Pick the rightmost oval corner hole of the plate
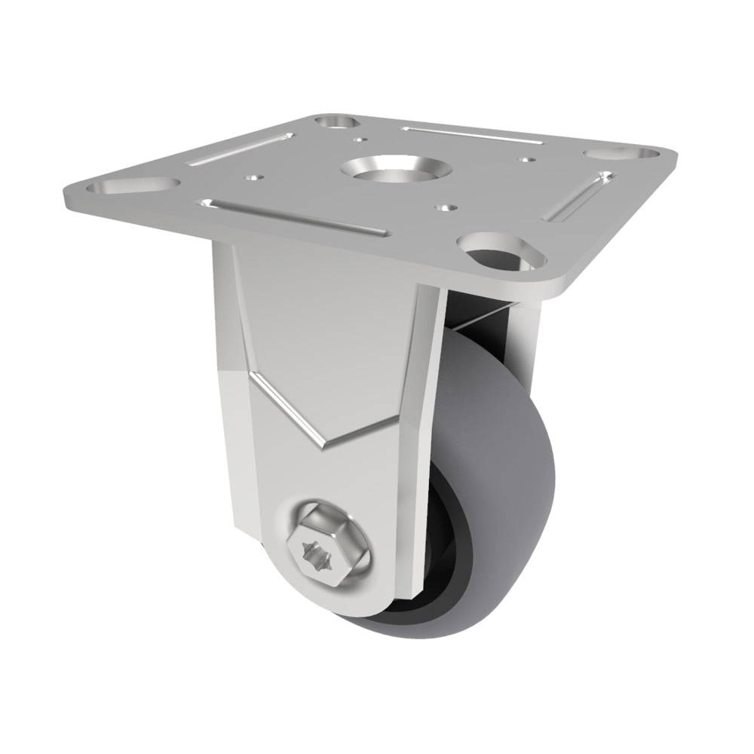pyautogui.click(x=621, y=153)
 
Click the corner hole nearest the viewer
pyautogui.click(x=500, y=252)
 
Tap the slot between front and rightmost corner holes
pyautogui.click(x=577, y=196)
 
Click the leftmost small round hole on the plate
pyautogui.click(x=256, y=178)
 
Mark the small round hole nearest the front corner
pyautogui.click(x=446, y=205)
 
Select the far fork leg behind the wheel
pyautogui.click(x=528, y=332)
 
